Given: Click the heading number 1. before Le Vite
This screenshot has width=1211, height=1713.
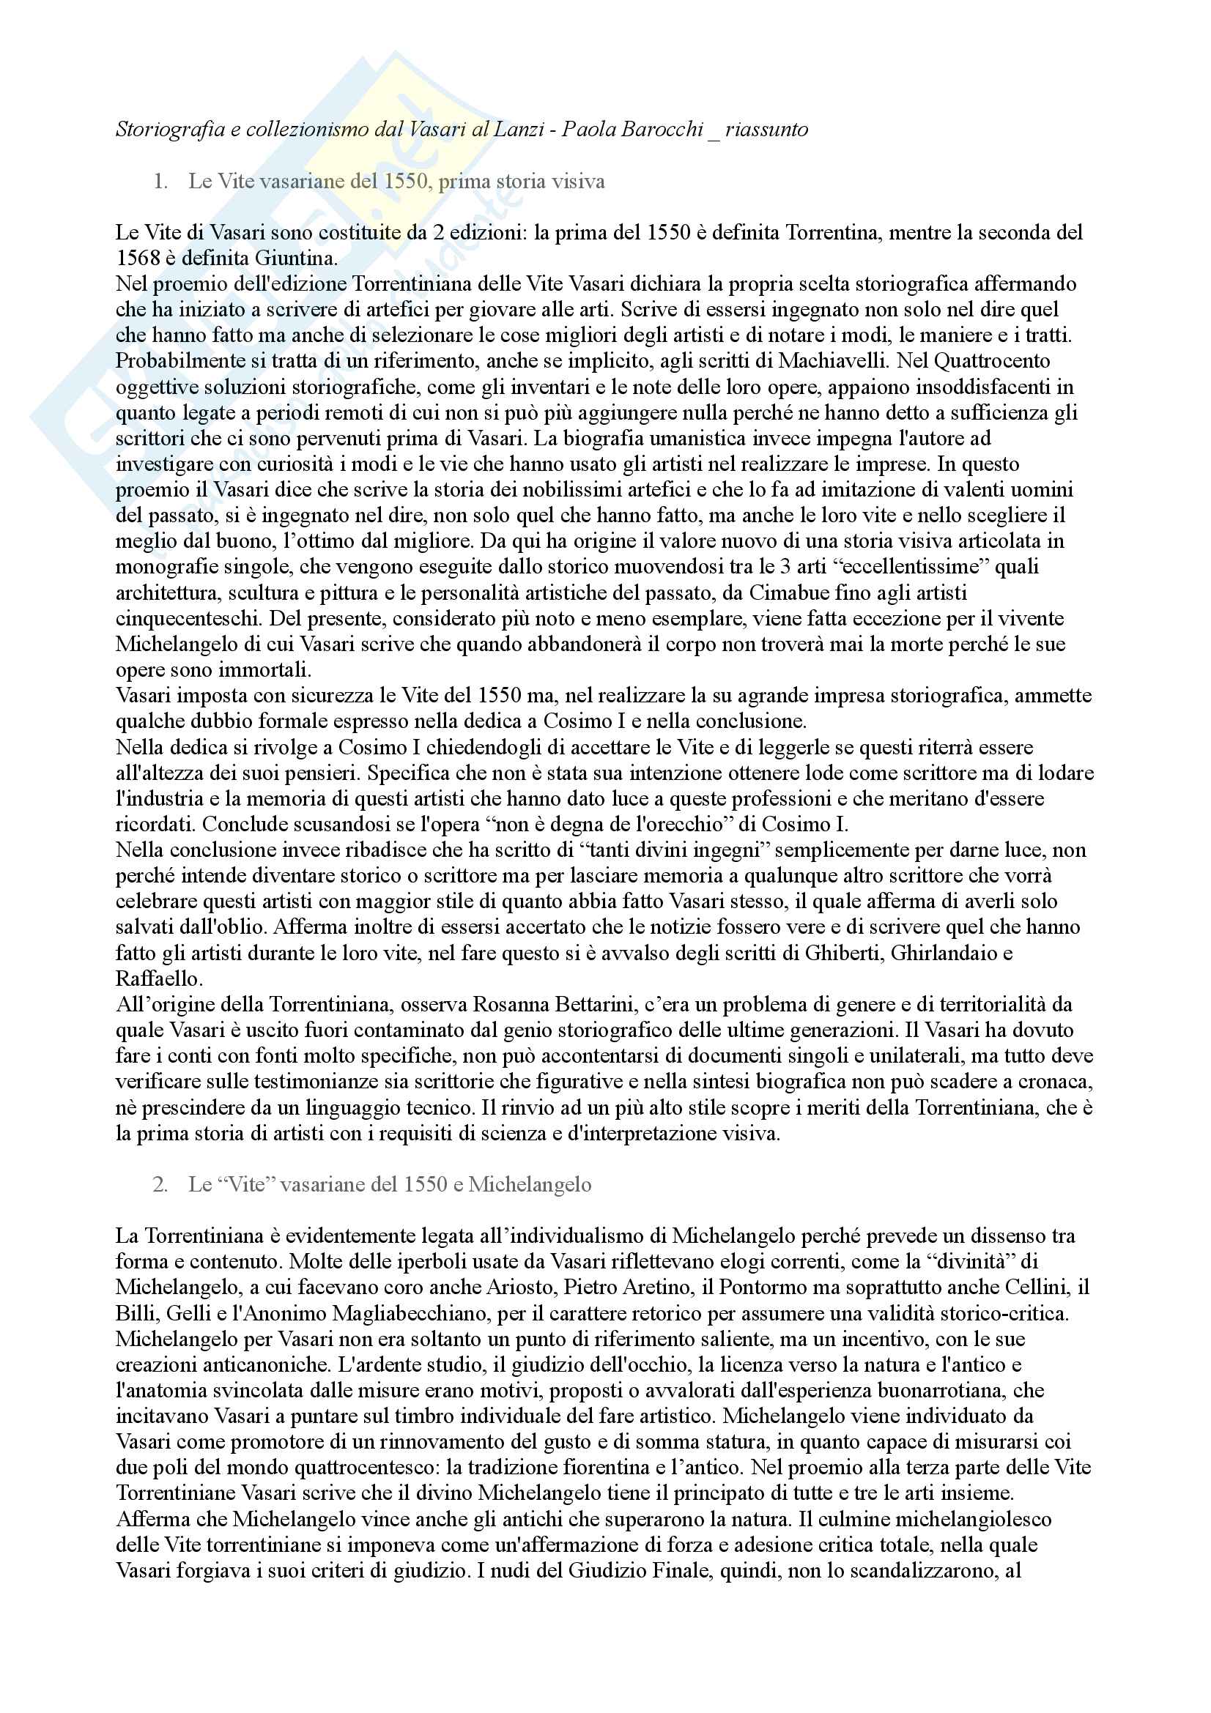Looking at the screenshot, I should [x=160, y=182].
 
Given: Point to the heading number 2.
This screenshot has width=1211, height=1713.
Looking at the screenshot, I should [x=160, y=1184].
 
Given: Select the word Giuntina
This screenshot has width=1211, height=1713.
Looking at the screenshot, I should [x=296, y=258].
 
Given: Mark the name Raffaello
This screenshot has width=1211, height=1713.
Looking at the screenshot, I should [x=158, y=978].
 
